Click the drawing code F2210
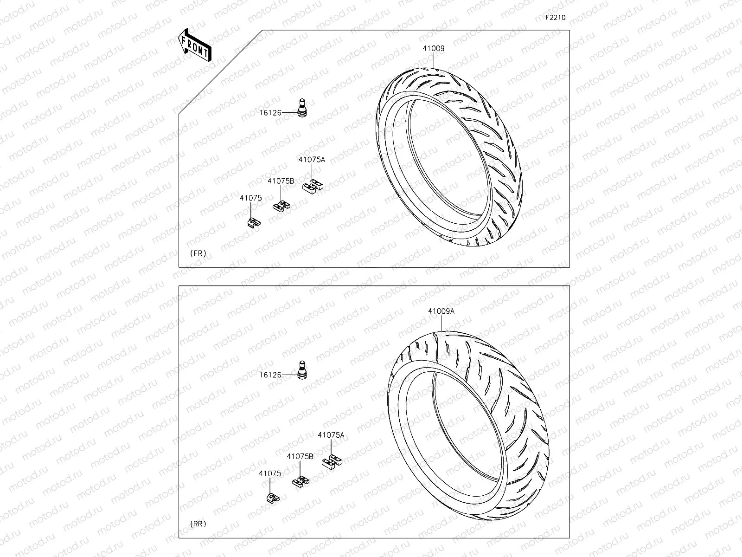[x=555, y=18]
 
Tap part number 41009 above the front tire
[x=433, y=48]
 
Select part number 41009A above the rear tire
[x=441, y=311]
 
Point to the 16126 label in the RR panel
[x=270, y=375]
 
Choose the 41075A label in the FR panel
[x=312, y=160]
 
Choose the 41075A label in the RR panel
[x=331, y=435]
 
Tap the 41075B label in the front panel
[x=281, y=181]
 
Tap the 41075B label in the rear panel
[x=300, y=457]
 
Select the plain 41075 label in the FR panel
[x=251, y=198]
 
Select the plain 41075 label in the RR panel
[x=270, y=474]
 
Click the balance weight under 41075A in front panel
[x=313, y=186]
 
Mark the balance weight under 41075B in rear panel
[x=301, y=481]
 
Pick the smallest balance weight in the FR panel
[x=253, y=223]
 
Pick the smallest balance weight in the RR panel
[x=273, y=499]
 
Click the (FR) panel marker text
[x=198, y=253]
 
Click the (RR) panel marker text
[x=198, y=524]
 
